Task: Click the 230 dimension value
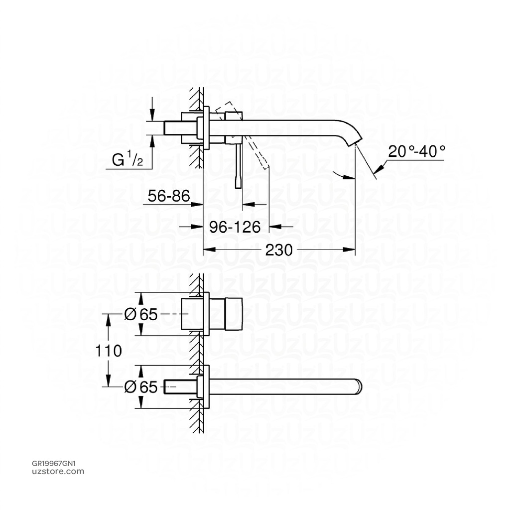278,250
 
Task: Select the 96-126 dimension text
235,227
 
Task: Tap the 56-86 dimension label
169,197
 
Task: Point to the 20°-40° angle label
416,151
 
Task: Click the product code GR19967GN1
53,463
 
